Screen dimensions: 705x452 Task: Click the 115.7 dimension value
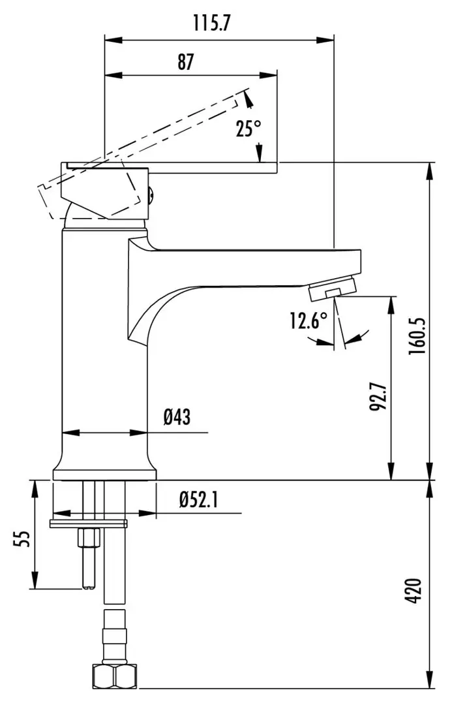[212, 24]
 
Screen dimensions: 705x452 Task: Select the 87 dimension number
[186, 62]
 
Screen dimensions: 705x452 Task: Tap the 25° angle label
[248, 129]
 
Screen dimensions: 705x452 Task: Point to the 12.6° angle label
[309, 321]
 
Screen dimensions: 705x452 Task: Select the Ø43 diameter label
[177, 416]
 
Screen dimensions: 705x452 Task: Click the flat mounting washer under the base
[89, 523]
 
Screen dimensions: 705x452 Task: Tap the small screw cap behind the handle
[152, 193]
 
